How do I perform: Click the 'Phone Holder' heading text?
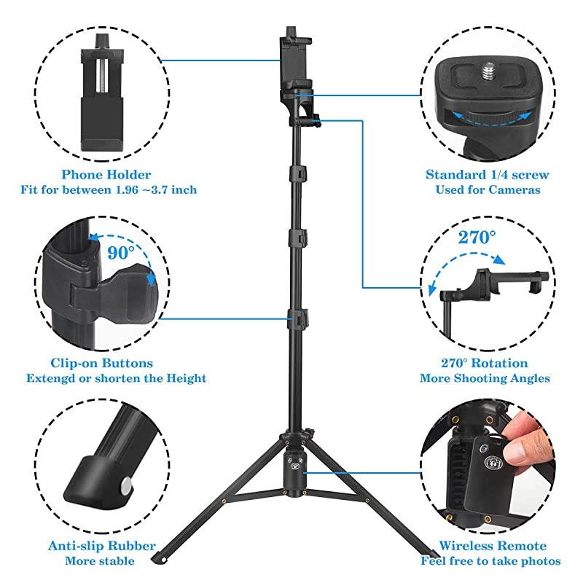pyautogui.click(x=106, y=175)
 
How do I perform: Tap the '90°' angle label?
pyautogui.click(x=121, y=253)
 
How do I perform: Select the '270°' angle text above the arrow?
pyautogui.click(x=477, y=237)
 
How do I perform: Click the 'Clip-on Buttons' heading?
pyautogui.click(x=101, y=363)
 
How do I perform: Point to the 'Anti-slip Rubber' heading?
pyautogui.click(x=101, y=546)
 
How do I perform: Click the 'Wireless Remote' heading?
pyautogui.click(x=493, y=546)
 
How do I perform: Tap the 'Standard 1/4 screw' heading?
pyautogui.click(x=487, y=175)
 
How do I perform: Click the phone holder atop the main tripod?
pyautogui.click(x=292, y=58)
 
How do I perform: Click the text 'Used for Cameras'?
pyautogui.click(x=488, y=190)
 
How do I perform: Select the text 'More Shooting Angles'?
pyautogui.click(x=485, y=378)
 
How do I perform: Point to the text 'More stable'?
pyautogui.click(x=100, y=561)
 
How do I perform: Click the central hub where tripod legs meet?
pyautogui.click(x=297, y=466)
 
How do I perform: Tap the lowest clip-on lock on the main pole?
pyautogui.click(x=299, y=318)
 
